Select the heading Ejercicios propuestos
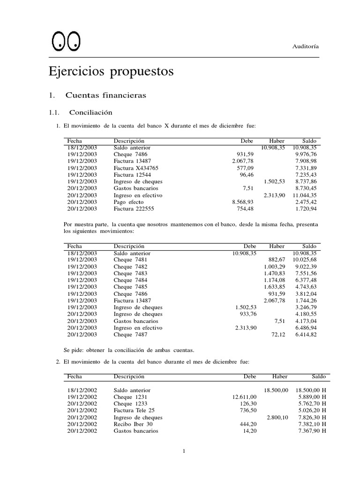click(x=111, y=72)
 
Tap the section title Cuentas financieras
click(x=105, y=95)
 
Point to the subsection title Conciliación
click(x=90, y=112)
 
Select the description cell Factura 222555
click(x=133, y=208)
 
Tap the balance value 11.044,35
click(x=305, y=195)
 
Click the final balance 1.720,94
click(x=306, y=208)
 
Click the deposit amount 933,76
click(x=245, y=314)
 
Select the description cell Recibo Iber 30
click(x=133, y=424)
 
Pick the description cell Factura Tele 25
click(x=134, y=410)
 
